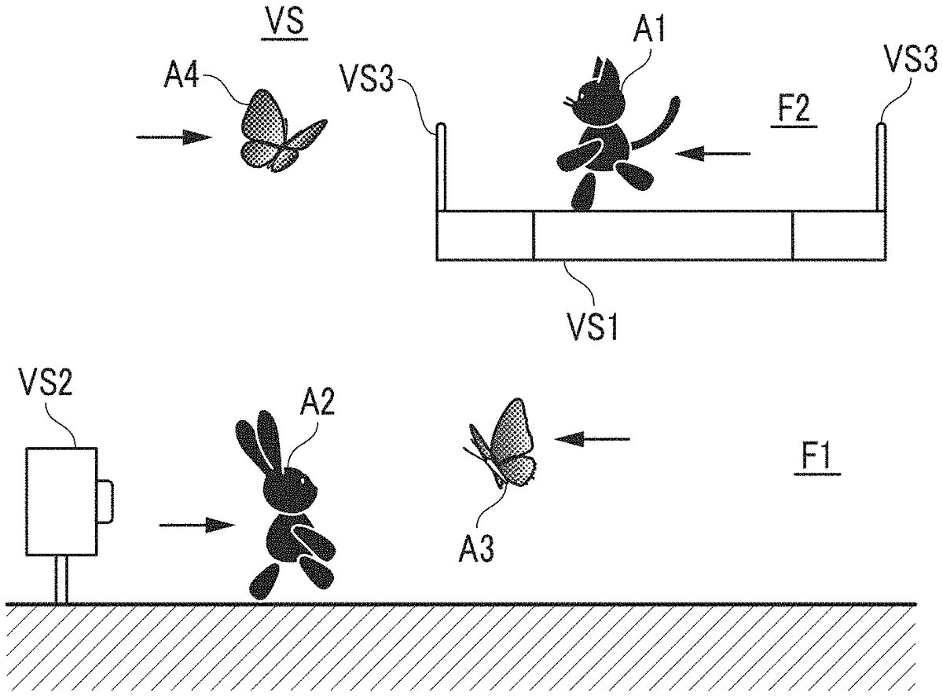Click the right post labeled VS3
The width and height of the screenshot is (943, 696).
pos(882,165)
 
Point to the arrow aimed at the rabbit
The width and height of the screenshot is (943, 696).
pos(196,525)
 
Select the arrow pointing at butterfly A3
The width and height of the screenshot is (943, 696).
pos(593,438)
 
